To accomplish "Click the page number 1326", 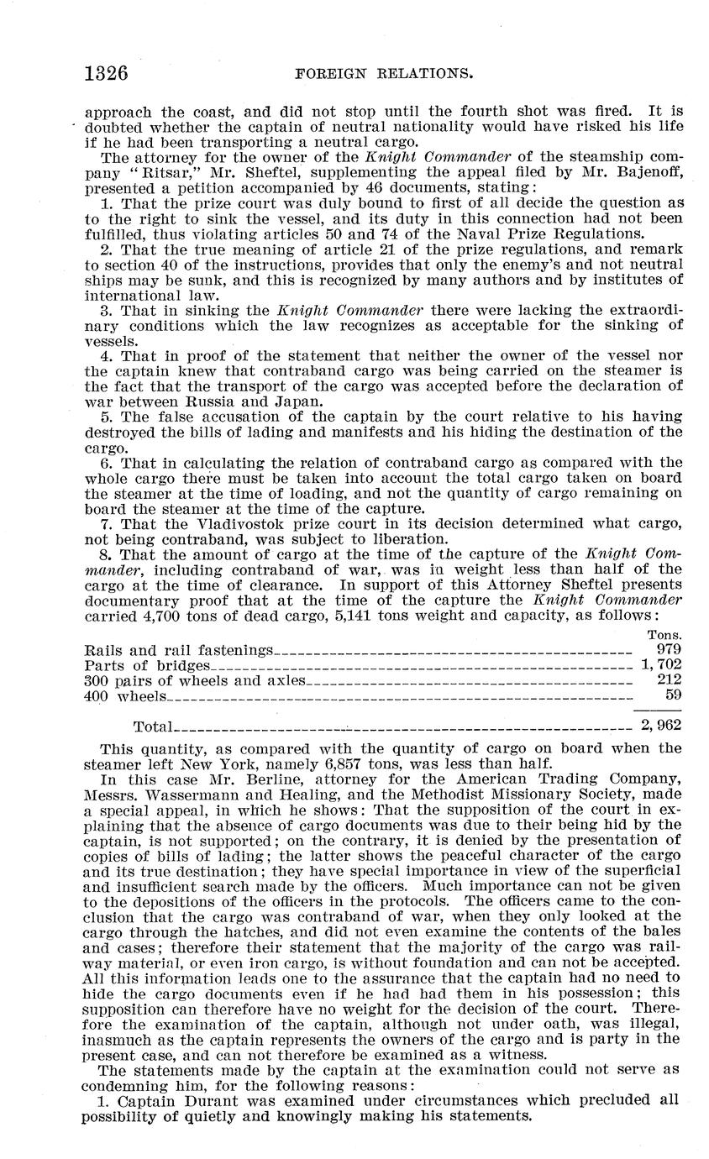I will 105,73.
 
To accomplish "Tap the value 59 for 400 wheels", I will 673,695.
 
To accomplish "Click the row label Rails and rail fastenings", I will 179,650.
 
